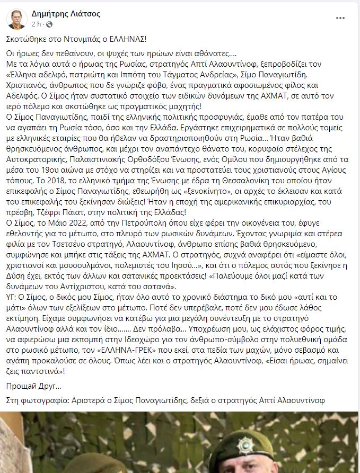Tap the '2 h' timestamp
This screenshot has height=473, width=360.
click(36, 24)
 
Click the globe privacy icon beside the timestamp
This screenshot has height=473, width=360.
click(49, 24)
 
